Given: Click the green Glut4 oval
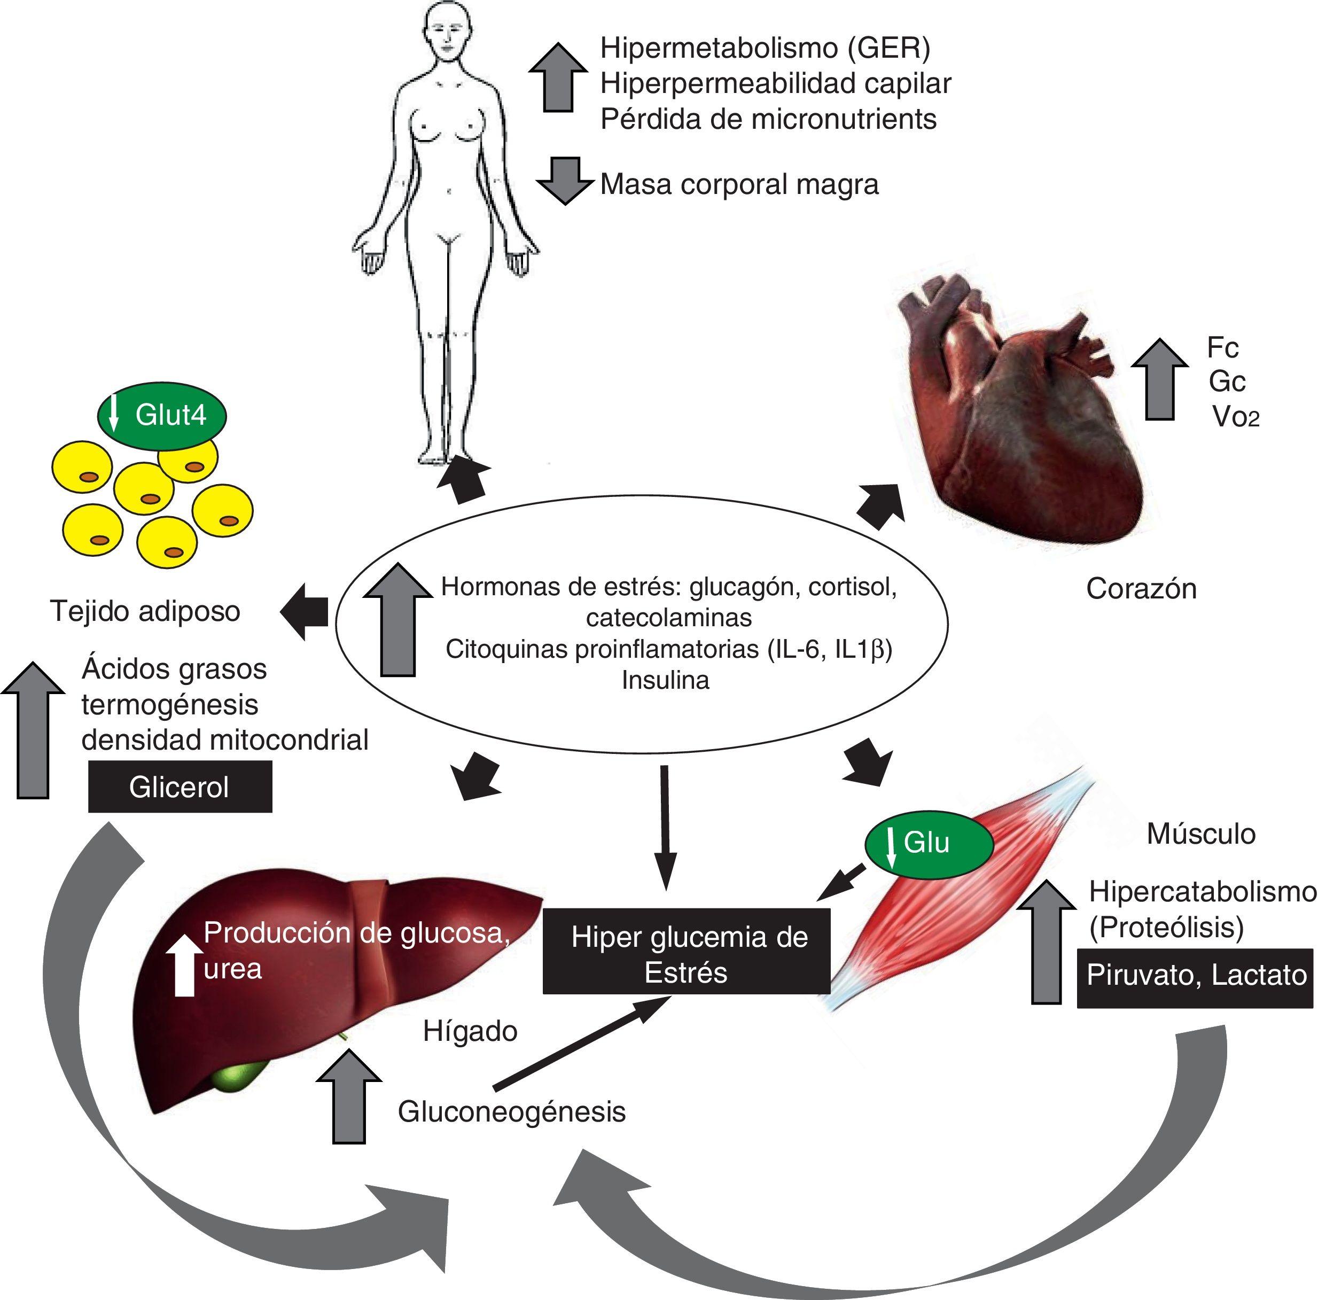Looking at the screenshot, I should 162,416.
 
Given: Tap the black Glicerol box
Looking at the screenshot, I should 180,788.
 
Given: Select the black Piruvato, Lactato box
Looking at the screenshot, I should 1195,975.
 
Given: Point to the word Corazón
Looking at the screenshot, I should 1141,589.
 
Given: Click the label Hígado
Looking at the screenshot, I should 470,1031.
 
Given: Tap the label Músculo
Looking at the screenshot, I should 1200,834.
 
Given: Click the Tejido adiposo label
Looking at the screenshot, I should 145,611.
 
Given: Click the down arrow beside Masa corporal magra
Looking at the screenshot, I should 564,180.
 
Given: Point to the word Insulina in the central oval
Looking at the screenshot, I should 665,680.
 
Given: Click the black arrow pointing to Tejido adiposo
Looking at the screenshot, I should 305,611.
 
